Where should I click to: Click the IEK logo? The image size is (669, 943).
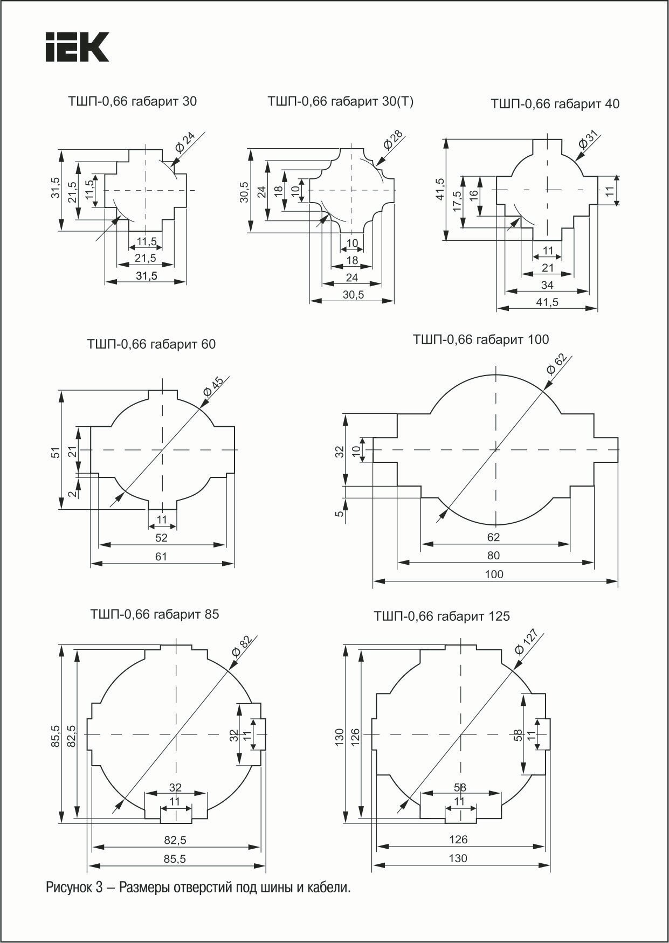tap(77, 47)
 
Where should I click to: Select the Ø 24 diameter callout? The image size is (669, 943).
tap(185, 141)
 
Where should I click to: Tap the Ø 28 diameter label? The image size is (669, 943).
tap(390, 140)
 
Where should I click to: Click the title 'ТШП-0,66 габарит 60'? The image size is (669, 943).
tap(151, 344)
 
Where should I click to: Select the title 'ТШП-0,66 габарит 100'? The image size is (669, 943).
tap(481, 339)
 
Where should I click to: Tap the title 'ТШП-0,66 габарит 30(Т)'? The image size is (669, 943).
tap(340, 101)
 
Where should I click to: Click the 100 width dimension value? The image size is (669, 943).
tap(494, 574)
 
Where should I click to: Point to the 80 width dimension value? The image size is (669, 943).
tap(493, 556)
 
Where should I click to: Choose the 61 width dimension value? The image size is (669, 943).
tap(161, 556)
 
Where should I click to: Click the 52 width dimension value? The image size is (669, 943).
tap(161, 538)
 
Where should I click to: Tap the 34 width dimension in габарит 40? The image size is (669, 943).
tap(547, 285)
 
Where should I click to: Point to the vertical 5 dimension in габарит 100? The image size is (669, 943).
tap(340, 514)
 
